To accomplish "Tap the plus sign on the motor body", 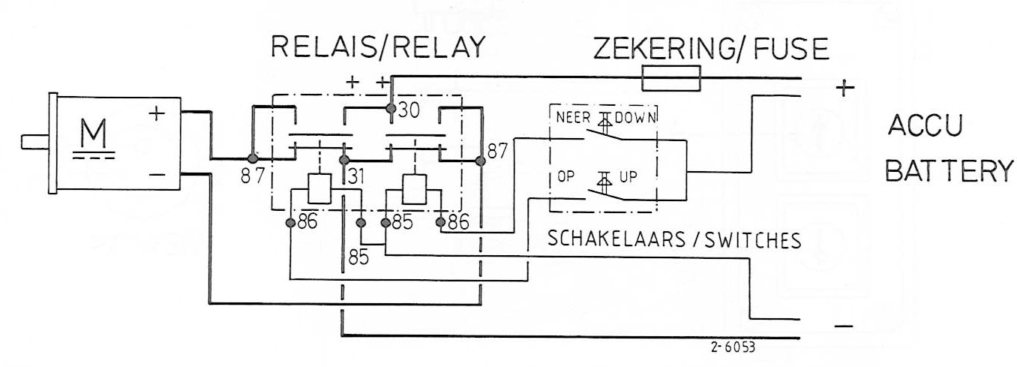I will [156, 114].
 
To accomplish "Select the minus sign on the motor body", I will [157, 176].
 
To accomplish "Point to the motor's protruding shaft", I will [34, 140].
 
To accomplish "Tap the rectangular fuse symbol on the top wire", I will [672, 77].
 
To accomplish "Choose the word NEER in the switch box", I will [574, 118].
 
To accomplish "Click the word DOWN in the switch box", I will [638, 118].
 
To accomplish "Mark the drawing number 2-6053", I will [733, 348].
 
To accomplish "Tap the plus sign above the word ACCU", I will [844, 89].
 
